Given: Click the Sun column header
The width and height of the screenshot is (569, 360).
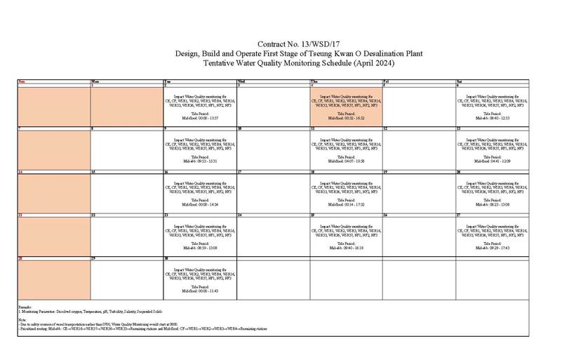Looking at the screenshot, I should click(22, 81).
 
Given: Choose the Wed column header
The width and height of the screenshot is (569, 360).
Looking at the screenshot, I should click(242, 81).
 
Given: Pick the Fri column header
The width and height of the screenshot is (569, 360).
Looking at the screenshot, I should click(387, 81).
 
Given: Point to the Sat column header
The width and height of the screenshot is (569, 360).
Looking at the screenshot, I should click(460, 81).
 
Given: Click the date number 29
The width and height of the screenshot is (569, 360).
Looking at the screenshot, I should click(94, 258).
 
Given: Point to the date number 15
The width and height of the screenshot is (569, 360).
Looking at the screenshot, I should click(94, 171).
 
